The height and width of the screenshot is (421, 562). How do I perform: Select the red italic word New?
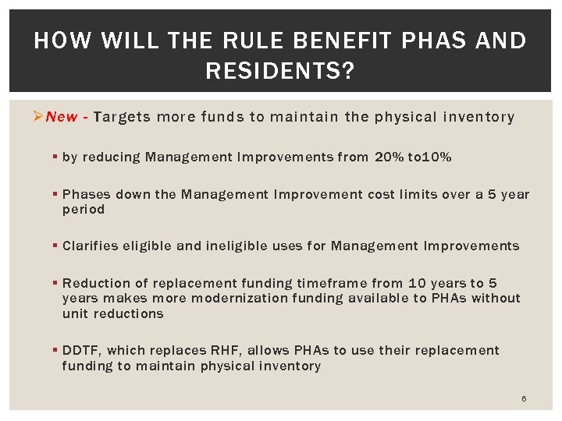(x=62, y=117)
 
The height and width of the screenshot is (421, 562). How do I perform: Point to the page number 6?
(x=524, y=398)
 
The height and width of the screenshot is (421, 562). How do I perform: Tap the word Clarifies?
(x=89, y=246)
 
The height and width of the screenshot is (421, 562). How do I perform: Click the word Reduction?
(x=94, y=284)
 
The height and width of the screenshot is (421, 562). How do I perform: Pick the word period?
(x=83, y=210)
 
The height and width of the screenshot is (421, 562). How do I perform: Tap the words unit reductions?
(x=112, y=313)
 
